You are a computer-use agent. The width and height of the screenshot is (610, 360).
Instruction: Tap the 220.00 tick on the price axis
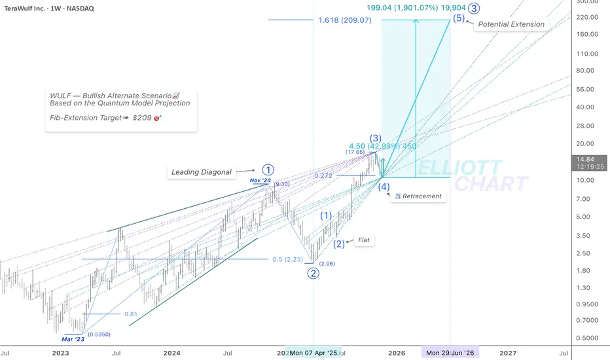pos(586,17)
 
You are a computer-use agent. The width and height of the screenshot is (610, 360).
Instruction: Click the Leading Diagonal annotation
pos(202,172)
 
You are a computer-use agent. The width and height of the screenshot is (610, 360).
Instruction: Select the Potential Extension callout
pos(511,24)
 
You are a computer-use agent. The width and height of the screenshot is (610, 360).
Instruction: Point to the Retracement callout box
pos(418,196)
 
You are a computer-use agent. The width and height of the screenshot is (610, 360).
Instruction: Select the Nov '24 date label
pos(260,180)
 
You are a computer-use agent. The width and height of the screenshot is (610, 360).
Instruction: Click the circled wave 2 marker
pos(314,273)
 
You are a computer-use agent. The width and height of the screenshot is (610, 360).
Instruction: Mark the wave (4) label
pos(383,187)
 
